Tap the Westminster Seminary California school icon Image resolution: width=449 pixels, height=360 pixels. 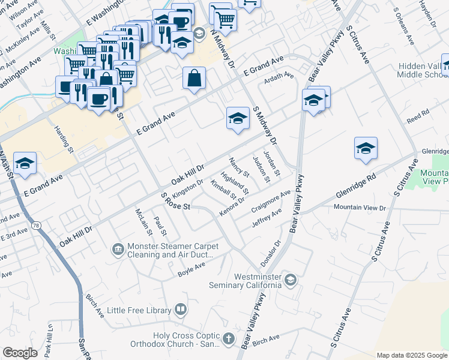click(291, 280)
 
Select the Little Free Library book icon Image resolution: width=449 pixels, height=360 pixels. click(180, 310)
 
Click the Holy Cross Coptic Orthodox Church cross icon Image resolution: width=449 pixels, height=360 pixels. click(228, 340)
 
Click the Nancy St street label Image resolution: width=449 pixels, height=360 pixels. click(239, 167)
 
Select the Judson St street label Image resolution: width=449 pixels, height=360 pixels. click(259, 164)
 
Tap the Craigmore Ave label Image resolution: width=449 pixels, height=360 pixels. click(271, 199)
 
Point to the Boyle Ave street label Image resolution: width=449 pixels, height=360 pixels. click(191, 269)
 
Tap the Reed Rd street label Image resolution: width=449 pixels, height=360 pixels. click(418, 113)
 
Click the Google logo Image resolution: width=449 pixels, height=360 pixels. click(20, 353)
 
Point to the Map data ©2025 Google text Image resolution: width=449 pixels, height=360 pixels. click(411, 355)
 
